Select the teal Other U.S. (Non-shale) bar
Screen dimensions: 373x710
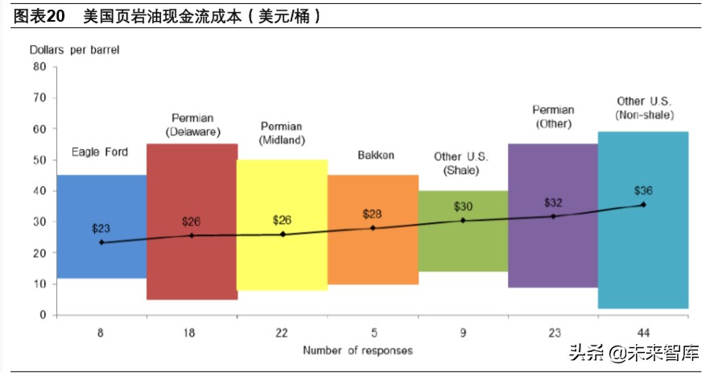643,258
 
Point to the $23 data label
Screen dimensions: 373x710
101,228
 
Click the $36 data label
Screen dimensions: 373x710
643,191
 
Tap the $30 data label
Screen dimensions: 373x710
463,206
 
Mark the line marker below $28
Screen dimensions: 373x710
373,228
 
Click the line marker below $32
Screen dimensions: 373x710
553,216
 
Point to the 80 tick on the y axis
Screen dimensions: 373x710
40,67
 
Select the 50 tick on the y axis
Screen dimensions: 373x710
40,160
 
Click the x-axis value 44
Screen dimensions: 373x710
643,330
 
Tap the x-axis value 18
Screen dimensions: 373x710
192,330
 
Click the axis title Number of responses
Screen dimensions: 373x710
357,350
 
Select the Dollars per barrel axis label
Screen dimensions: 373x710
75,50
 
